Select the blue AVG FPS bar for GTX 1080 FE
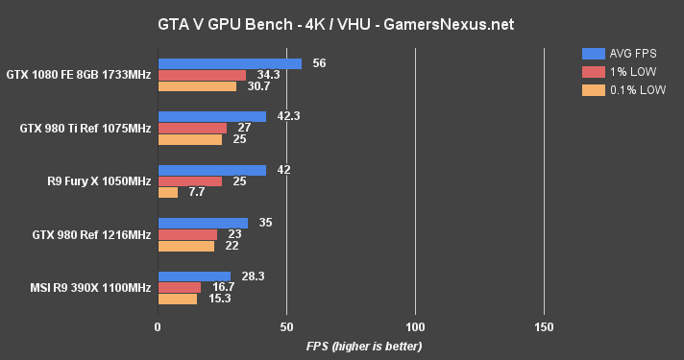click(x=230, y=63)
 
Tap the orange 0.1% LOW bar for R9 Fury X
click(x=168, y=193)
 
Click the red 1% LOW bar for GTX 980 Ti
click(x=192, y=128)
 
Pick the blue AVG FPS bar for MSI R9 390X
click(x=194, y=276)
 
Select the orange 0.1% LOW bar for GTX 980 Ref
click(x=186, y=246)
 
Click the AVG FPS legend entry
click(x=620, y=53)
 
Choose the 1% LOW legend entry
click(x=616, y=72)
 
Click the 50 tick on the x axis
click(x=286, y=326)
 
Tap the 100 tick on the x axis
click(x=415, y=326)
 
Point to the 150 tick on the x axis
click(x=544, y=326)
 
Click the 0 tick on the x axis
click(x=158, y=326)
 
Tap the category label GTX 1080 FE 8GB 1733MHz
click(x=78, y=75)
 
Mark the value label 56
click(x=320, y=63)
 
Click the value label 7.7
click(x=196, y=193)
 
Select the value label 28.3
click(x=253, y=276)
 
